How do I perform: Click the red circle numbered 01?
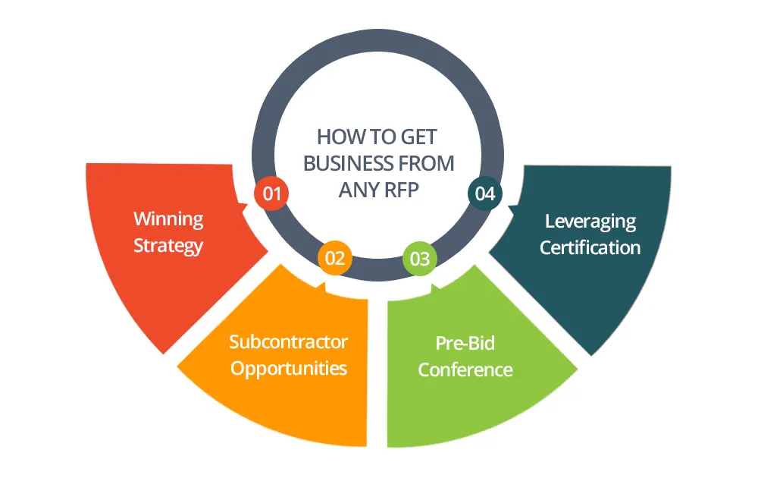271,193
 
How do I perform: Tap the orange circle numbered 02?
335,259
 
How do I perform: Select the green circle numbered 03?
420,259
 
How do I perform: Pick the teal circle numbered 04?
484,193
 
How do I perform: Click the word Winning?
168,219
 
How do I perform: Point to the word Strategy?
168,246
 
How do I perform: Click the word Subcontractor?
289,341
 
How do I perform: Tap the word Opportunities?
289,369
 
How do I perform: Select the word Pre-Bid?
465,343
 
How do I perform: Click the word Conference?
465,370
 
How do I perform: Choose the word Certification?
590,247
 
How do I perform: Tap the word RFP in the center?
399,190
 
